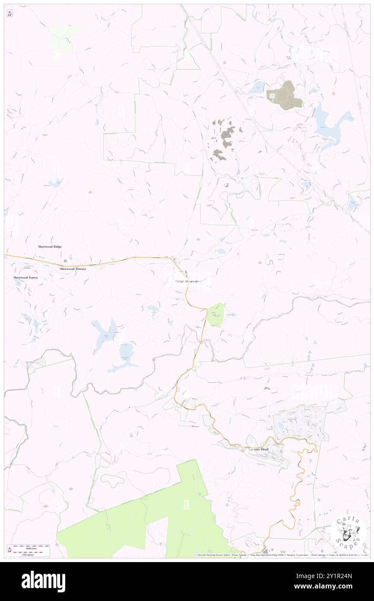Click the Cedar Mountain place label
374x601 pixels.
pyautogui.click(x=187, y=281)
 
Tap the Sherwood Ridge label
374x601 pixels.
pyautogui.click(x=50, y=246)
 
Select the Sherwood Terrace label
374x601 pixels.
pyautogui.click(x=73, y=269)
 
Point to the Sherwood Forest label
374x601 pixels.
pyautogui.click(x=25, y=278)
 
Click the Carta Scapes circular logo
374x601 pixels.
pyautogui.click(x=348, y=532)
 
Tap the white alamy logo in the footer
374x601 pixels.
pyautogui.click(x=43, y=582)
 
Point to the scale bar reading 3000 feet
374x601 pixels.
pyautogui.click(x=29, y=547)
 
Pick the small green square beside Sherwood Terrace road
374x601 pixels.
pyautogui.click(x=66, y=261)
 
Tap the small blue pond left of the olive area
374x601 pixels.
pyautogui.click(x=256, y=88)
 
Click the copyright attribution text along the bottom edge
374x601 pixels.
pyautogui.click(x=281, y=555)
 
